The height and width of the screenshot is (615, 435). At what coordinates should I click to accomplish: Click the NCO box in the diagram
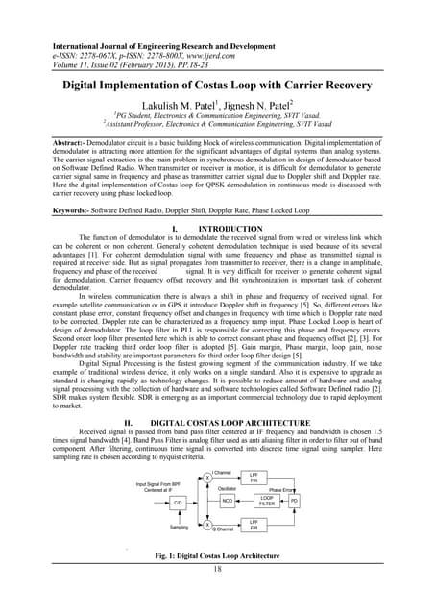tap(228, 501)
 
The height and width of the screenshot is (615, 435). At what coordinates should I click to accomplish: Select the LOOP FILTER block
tap(267, 501)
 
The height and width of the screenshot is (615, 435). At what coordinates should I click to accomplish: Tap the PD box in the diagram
tap(294, 501)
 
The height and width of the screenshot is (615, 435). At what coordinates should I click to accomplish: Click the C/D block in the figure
tap(179, 501)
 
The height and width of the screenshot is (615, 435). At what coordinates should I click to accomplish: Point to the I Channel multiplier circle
tap(207, 478)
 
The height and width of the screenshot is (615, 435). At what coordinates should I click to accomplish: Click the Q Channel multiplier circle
tap(207, 524)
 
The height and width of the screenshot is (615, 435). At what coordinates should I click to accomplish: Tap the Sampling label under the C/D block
tap(180, 527)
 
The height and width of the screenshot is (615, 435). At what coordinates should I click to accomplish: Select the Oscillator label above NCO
tap(228, 488)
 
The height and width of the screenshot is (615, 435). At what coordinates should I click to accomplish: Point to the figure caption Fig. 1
tap(217, 555)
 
